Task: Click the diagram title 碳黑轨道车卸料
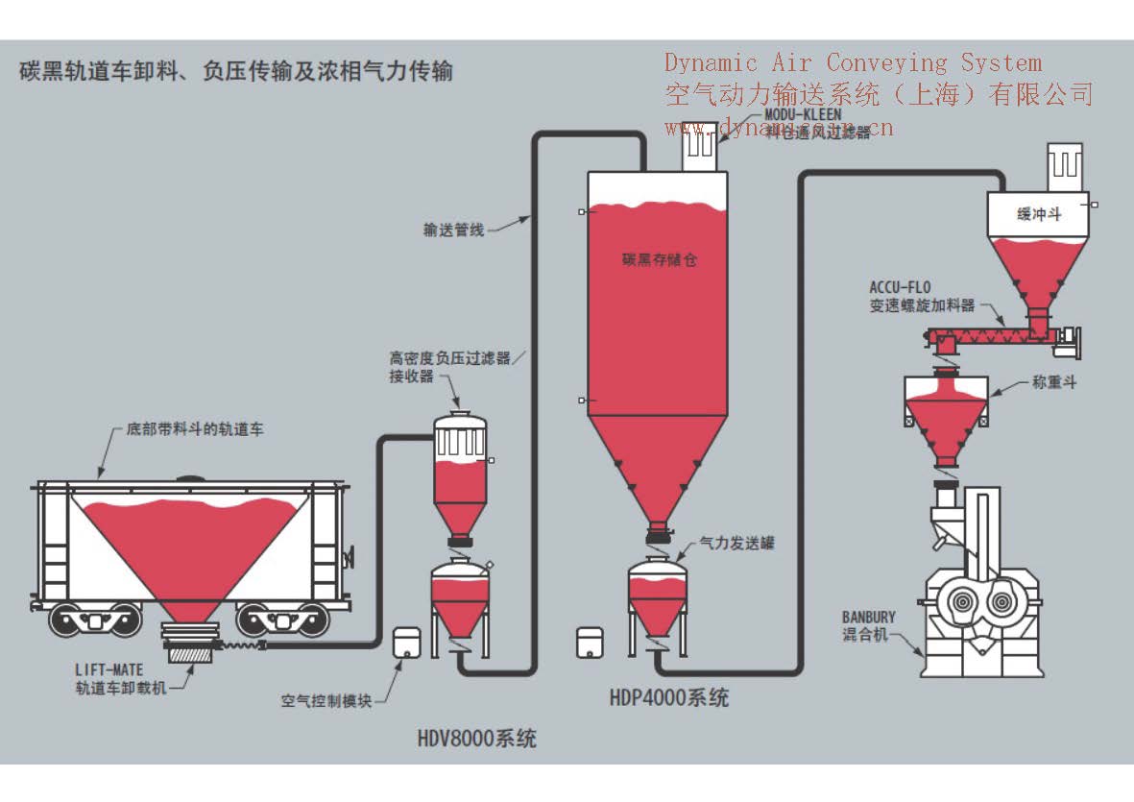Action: (x=235, y=72)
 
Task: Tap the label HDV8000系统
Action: (x=476, y=739)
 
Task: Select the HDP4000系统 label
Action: (x=668, y=697)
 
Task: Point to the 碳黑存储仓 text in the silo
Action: (x=659, y=259)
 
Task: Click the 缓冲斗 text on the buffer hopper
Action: (x=1039, y=215)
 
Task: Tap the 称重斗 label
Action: (x=1054, y=382)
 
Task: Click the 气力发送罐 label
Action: (x=736, y=544)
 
